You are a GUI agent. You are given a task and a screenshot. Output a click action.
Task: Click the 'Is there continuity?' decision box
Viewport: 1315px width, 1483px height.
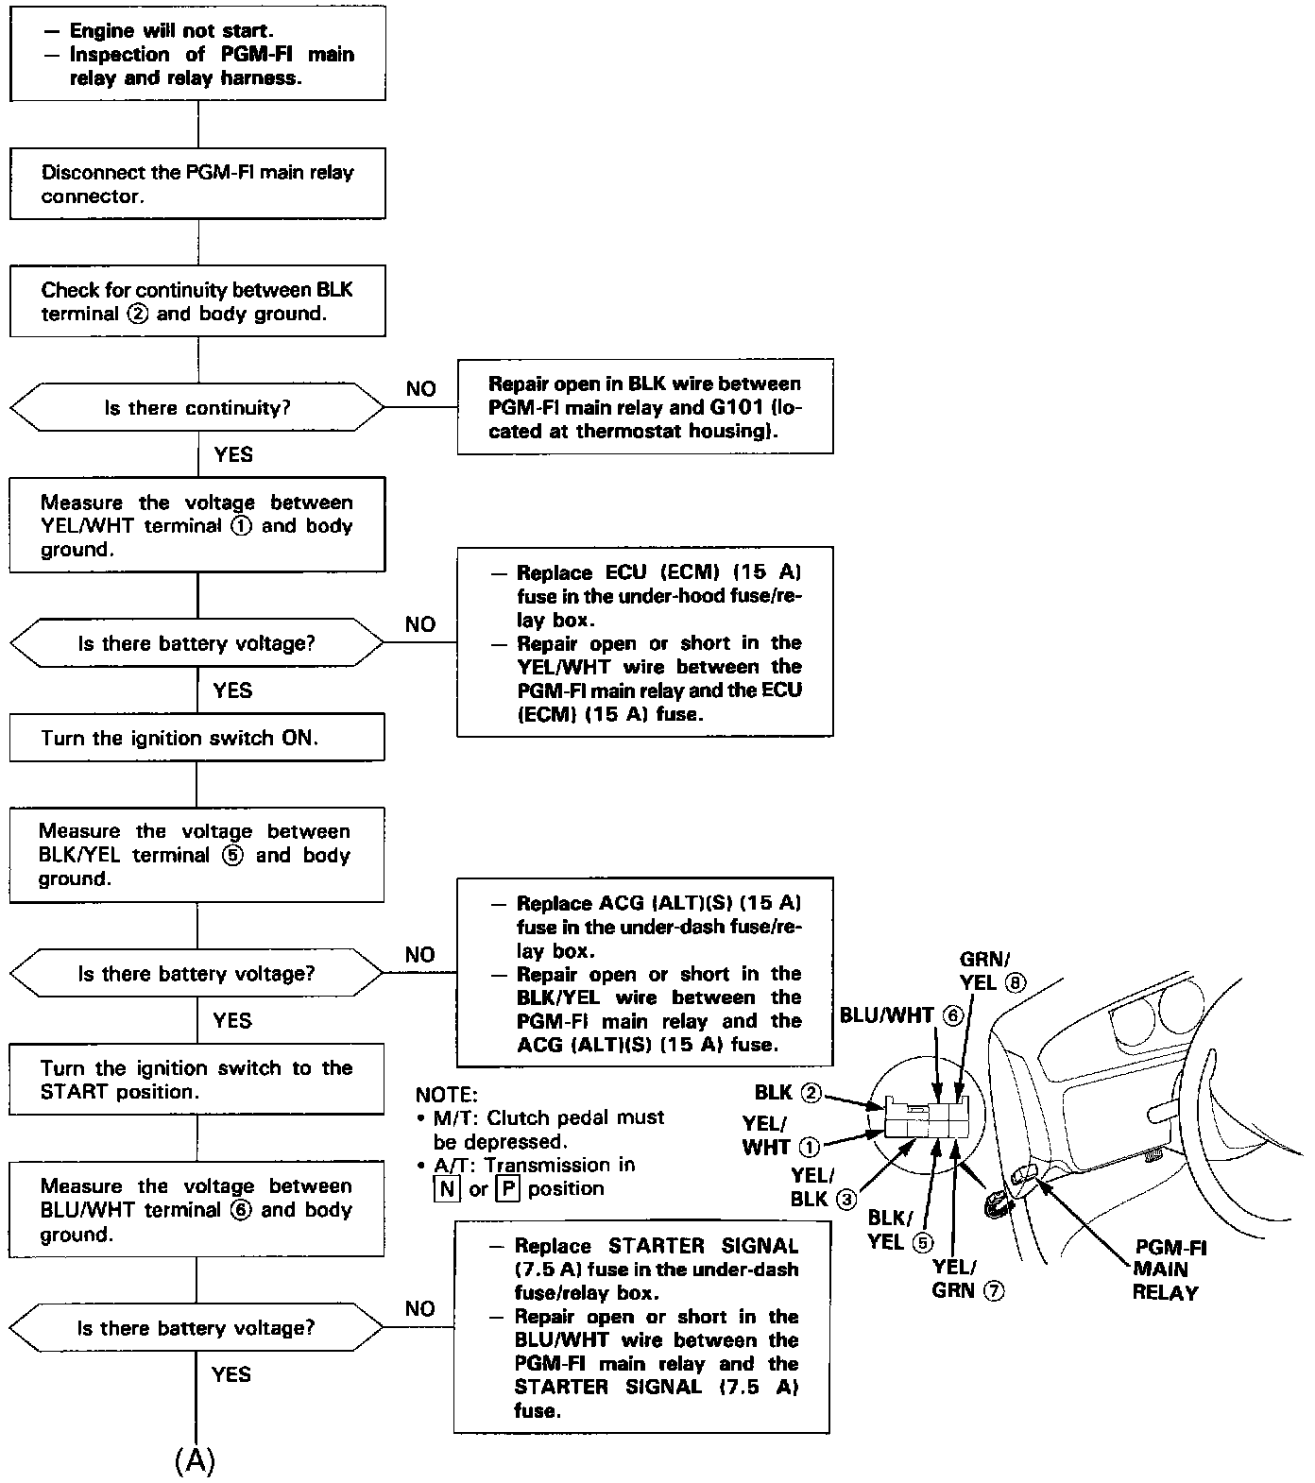coord(197,408)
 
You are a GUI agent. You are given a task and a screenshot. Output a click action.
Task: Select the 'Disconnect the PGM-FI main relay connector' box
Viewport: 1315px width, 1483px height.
coord(197,184)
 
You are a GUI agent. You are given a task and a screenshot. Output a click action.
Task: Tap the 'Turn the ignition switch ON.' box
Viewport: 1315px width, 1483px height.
coord(197,738)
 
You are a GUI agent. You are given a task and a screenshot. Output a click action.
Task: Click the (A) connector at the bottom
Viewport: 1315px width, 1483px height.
coord(196,1460)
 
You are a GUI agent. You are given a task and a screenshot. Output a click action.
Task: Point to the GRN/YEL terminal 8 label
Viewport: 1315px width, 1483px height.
coord(991,971)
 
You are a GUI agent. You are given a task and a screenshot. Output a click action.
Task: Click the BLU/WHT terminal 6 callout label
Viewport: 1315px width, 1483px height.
coord(900,1015)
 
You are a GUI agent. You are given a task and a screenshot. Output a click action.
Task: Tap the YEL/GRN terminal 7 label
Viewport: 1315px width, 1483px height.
coord(966,1278)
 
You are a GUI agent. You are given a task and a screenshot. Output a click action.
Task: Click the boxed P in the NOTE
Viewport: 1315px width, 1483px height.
coord(508,1189)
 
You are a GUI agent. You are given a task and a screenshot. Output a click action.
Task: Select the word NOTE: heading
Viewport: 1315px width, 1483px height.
coord(447,1095)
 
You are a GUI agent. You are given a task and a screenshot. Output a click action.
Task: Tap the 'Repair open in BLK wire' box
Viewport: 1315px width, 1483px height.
coord(645,407)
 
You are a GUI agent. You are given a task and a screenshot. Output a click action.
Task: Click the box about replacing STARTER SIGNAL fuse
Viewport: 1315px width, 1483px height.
coord(642,1328)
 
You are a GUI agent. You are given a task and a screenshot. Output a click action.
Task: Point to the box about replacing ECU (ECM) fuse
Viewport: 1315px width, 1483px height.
coord(645,642)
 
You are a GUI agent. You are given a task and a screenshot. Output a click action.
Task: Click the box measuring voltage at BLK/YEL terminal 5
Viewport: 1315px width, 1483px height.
coord(197,855)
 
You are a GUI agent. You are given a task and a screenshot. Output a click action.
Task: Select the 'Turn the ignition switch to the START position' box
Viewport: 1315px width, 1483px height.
coord(197,1080)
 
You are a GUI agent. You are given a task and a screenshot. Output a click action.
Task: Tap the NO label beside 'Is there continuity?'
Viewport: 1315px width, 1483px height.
coord(421,389)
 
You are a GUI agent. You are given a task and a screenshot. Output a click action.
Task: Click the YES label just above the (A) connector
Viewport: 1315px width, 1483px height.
coord(231,1374)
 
